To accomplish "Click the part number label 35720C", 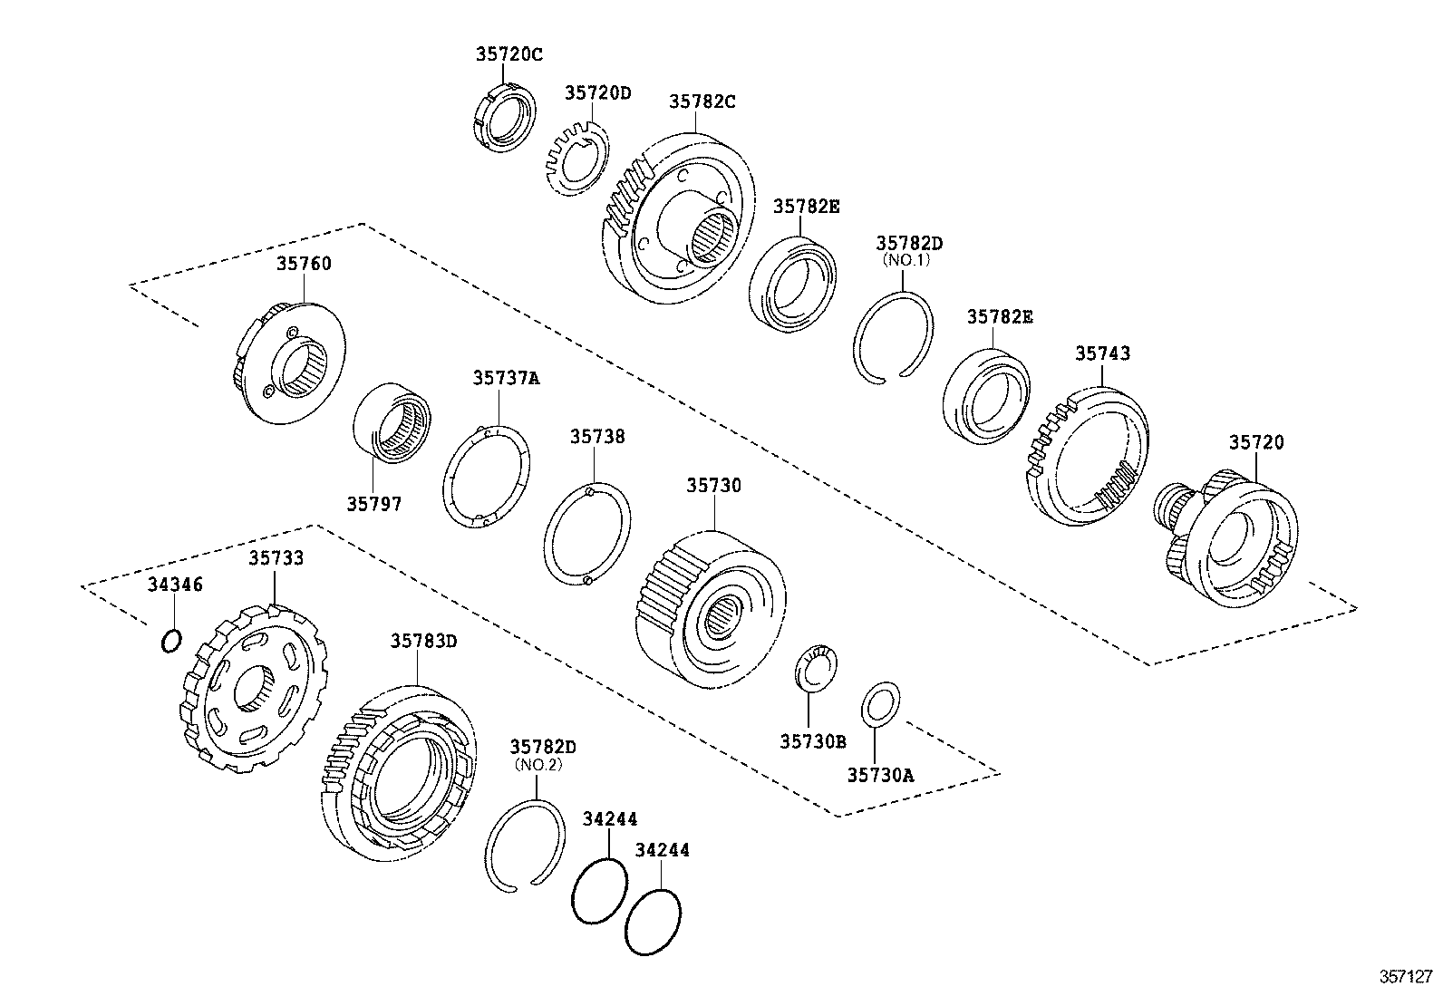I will [x=508, y=54].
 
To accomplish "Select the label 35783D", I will [x=423, y=642].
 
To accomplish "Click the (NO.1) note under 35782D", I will [x=909, y=259].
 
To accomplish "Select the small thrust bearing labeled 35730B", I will [x=816, y=669].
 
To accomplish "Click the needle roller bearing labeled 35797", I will [x=392, y=422].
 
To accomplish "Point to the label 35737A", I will [x=505, y=379].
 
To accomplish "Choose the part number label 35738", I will [x=597, y=437].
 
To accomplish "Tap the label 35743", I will [x=1102, y=353].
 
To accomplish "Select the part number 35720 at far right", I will [x=1256, y=442].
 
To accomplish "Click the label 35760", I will [x=304, y=264].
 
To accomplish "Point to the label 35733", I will [x=276, y=558].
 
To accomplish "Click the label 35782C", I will [x=702, y=102].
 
